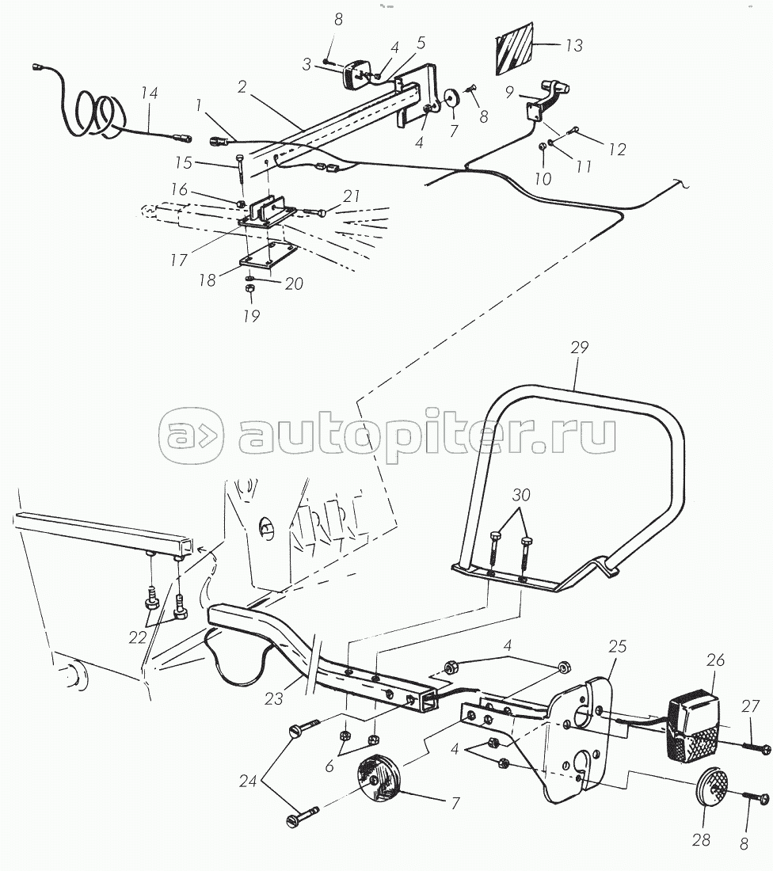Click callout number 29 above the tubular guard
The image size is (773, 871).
(579, 347)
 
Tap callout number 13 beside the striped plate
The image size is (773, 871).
(574, 45)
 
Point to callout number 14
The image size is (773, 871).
(149, 92)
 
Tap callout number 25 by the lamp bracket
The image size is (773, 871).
(617, 647)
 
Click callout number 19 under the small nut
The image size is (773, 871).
(251, 316)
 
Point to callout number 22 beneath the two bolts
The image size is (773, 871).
(138, 637)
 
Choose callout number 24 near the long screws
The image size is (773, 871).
(248, 781)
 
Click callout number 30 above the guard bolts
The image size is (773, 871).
(520, 494)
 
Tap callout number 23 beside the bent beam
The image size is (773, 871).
(273, 698)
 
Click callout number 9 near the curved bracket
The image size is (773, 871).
(509, 92)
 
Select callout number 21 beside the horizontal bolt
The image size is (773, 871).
(351, 196)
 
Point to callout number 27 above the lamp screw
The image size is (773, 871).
(750, 706)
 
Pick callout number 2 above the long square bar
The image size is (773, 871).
(242, 86)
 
